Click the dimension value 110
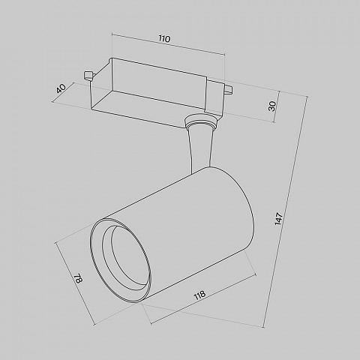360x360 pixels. tap(164, 39)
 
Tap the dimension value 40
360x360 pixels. tap(61, 88)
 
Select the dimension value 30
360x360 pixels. tap(271, 106)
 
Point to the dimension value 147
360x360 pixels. tap(278, 219)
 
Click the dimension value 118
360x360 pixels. tap(199, 295)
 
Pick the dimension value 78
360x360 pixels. tap(78, 279)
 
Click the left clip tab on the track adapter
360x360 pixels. tap(88, 76)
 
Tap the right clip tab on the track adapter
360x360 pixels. tap(229, 90)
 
